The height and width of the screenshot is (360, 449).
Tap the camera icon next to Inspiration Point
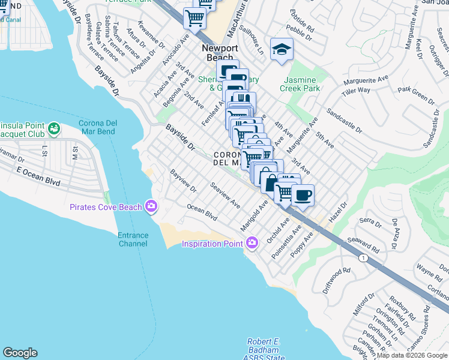(252, 243)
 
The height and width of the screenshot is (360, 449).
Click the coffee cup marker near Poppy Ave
(303, 195)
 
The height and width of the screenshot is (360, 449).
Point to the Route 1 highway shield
(363, 257)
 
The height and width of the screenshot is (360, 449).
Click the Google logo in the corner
(20, 353)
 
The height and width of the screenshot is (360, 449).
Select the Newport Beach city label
(220, 53)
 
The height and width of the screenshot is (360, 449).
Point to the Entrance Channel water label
(133, 239)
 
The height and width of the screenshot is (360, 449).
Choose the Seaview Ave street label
(225, 196)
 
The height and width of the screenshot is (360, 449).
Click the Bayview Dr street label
(183, 181)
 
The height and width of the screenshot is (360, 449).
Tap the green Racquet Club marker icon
(54, 128)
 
